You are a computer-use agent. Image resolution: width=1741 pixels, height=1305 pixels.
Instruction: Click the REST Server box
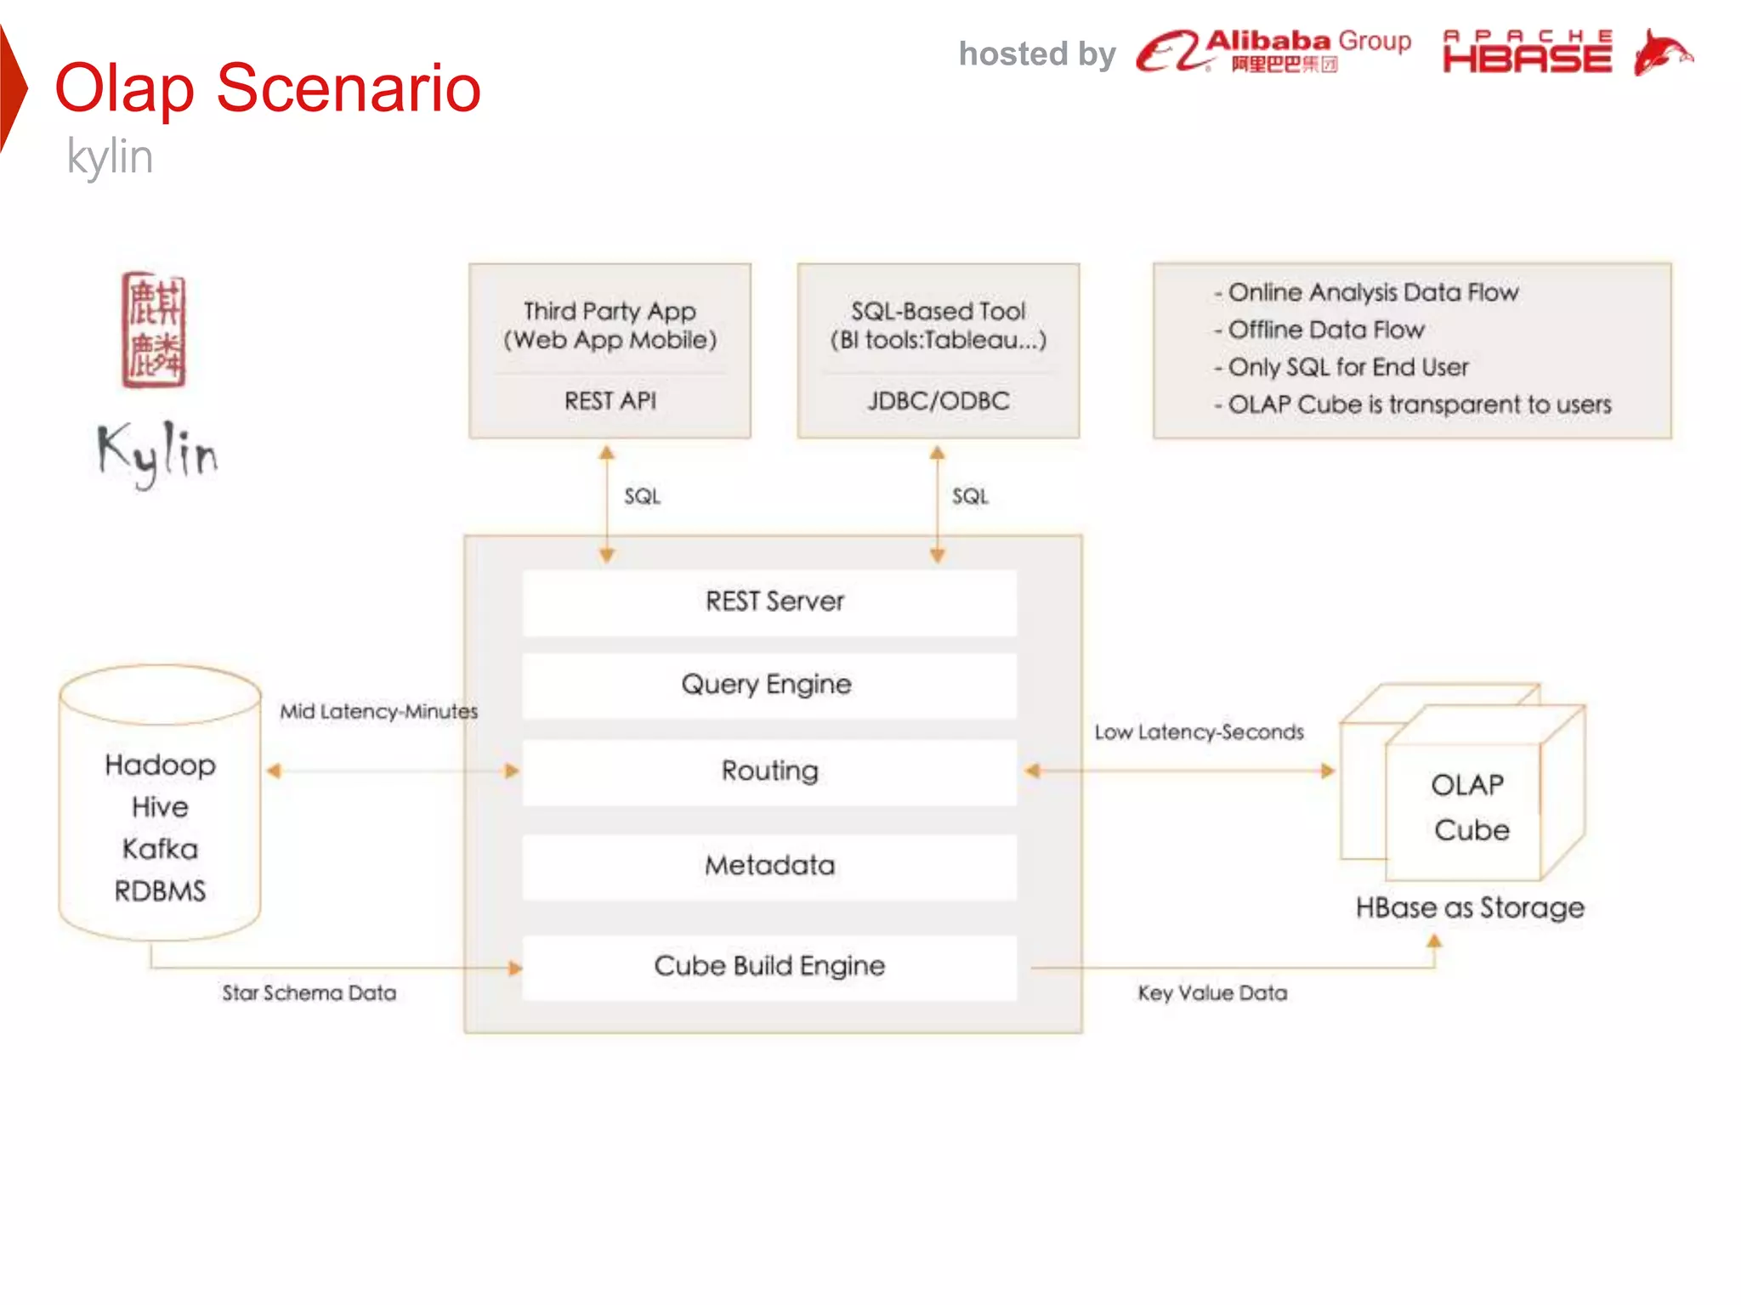[x=769, y=602]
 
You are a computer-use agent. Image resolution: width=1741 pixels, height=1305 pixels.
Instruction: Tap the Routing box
[x=769, y=771]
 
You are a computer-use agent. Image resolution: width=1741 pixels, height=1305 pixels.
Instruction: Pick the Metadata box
[x=769, y=866]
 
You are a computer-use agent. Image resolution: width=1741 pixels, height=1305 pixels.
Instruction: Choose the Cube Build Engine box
[x=769, y=966]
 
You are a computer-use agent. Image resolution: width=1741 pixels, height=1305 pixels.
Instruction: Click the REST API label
[x=610, y=400]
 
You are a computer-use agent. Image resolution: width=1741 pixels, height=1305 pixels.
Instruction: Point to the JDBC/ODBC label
[x=939, y=400]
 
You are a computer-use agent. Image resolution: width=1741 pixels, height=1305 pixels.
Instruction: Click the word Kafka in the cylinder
[x=160, y=849]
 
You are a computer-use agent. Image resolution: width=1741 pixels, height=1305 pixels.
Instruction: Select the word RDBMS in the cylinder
[x=160, y=891]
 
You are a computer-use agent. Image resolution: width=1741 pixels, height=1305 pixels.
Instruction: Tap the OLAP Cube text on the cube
[x=1471, y=807]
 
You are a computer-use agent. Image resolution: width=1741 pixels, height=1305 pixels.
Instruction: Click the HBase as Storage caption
[x=1470, y=907]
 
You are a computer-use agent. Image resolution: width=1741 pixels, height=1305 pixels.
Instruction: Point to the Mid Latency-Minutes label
[x=379, y=711]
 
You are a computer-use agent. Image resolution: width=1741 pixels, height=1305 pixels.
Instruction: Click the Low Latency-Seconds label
[x=1199, y=732]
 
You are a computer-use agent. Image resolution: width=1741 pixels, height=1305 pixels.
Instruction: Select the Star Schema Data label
[x=309, y=993]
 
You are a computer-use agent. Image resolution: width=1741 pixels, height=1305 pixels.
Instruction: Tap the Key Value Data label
[x=1212, y=993]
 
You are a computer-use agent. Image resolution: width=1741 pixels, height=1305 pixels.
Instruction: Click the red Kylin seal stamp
[x=154, y=330]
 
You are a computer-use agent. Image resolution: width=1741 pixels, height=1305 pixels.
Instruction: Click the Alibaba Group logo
[x=1273, y=51]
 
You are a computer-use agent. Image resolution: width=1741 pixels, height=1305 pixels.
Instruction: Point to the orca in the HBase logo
[x=1662, y=53]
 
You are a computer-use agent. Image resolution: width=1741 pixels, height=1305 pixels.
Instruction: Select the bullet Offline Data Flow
[x=1325, y=330]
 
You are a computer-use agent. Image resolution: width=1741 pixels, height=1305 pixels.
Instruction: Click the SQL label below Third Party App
[x=642, y=496]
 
